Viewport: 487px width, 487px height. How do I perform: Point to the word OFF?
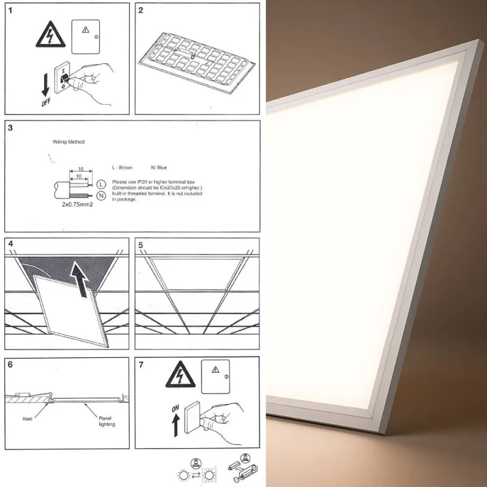[x=46, y=104]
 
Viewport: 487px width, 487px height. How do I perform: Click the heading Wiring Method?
[x=69, y=142]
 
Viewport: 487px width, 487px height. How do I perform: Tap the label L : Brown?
[x=123, y=167]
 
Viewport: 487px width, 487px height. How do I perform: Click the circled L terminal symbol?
[x=101, y=184]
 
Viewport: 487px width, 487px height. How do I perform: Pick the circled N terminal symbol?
[x=101, y=195]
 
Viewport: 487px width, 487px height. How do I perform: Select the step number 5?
[x=141, y=245]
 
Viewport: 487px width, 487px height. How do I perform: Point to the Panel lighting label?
[x=106, y=422]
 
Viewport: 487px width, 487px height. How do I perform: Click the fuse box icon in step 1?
[x=85, y=33]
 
